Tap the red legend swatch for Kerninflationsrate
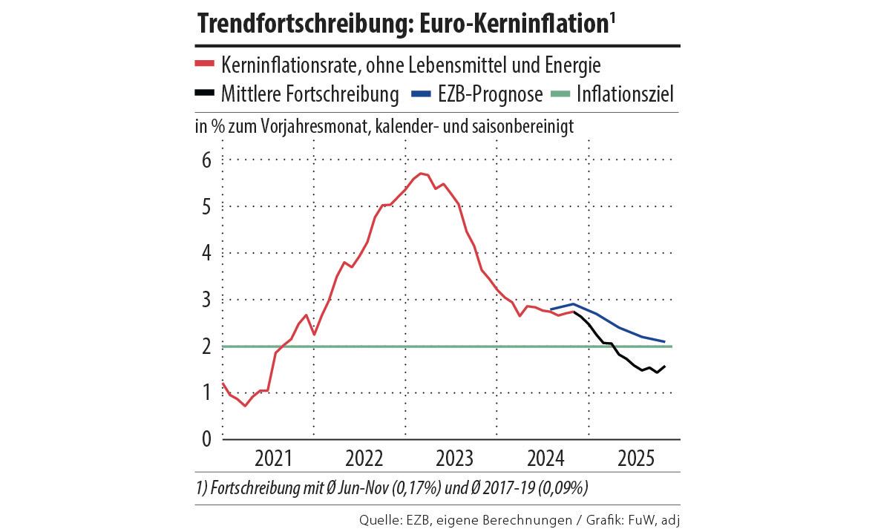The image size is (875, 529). click(x=204, y=65)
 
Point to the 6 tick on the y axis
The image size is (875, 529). click(x=207, y=160)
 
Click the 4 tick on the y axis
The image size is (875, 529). click(x=207, y=253)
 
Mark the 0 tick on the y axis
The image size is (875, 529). click(x=207, y=438)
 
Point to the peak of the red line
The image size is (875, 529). click(x=421, y=174)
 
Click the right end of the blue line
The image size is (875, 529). click(x=664, y=342)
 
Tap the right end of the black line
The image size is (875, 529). click(x=664, y=366)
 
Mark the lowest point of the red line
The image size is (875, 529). click(x=245, y=405)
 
